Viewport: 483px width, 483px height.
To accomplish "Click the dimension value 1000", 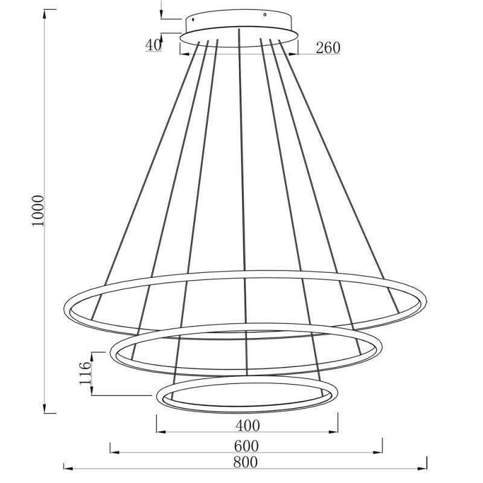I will point(38,211).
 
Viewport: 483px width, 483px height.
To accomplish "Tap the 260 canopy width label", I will point(328,48).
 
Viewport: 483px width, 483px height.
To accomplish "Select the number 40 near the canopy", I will point(154,44).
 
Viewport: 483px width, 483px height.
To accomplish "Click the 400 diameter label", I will point(248,426).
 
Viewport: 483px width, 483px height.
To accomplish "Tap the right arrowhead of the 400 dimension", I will point(334,432).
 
